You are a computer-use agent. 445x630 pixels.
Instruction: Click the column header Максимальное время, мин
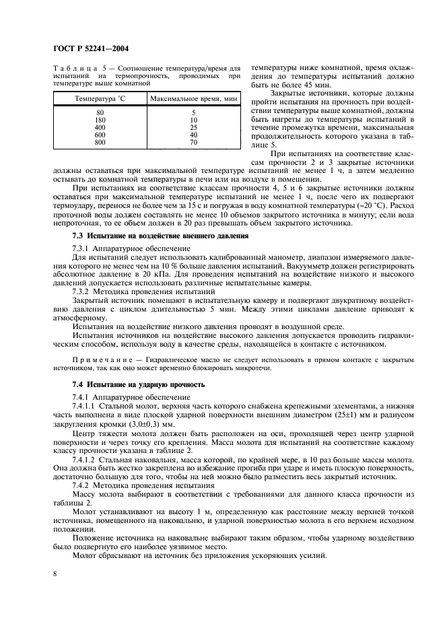point(195,99)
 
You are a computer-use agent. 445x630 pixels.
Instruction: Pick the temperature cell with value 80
point(100,112)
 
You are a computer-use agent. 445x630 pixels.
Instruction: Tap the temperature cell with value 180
point(100,120)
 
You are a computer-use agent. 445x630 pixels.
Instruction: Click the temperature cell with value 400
point(100,127)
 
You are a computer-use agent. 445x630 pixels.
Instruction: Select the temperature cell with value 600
point(100,135)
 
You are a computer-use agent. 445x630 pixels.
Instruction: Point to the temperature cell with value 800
point(100,142)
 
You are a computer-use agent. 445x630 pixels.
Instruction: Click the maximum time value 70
point(194,142)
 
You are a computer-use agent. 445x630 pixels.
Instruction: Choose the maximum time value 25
point(194,127)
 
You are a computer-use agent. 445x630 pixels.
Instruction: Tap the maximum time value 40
point(194,135)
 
